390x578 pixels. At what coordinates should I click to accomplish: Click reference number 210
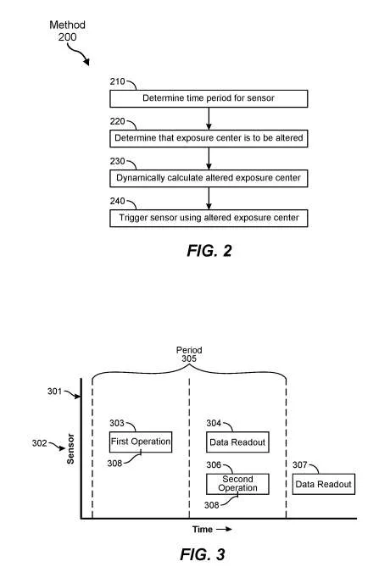click(117, 81)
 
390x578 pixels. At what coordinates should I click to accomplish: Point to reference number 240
click(117, 201)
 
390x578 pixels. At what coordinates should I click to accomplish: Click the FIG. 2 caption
click(209, 251)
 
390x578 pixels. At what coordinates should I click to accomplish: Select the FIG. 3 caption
click(203, 554)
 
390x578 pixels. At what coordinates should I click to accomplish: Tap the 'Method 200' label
click(68, 31)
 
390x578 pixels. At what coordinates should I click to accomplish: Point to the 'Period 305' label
click(189, 354)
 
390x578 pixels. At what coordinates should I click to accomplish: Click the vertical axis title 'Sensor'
click(70, 448)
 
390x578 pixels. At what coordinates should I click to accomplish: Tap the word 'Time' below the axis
click(203, 530)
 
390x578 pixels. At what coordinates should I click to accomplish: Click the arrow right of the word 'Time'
click(224, 530)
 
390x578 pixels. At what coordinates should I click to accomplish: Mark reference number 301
click(54, 391)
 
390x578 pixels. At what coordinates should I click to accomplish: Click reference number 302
click(40, 442)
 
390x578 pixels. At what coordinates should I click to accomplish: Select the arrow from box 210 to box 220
click(209, 119)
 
